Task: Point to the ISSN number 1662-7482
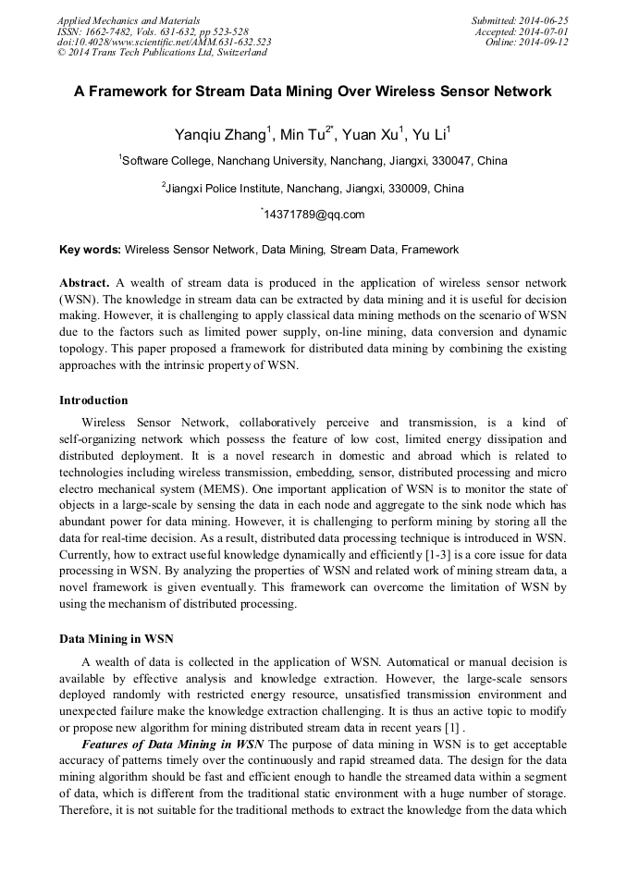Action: click(x=108, y=31)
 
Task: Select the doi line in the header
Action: click(x=164, y=42)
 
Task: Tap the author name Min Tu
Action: click(x=301, y=135)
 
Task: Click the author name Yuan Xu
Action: click(x=371, y=135)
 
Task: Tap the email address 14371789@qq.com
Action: click(x=314, y=215)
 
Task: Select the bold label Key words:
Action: click(x=90, y=250)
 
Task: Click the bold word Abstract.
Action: click(x=84, y=282)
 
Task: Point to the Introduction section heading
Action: click(x=93, y=400)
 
